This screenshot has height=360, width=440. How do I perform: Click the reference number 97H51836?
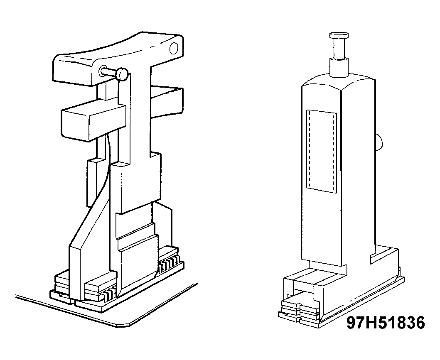pyautogui.click(x=386, y=323)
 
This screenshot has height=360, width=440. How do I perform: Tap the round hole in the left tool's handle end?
pyautogui.click(x=174, y=48)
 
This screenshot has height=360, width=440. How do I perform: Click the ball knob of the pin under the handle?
pyautogui.click(x=123, y=74)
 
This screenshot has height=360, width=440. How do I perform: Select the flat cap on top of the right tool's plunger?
pyautogui.click(x=339, y=36)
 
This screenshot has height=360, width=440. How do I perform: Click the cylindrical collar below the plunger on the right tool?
pyautogui.click(x=339, y=67)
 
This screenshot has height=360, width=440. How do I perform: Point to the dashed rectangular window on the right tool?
pyautogui.click(x=321, y=151)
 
